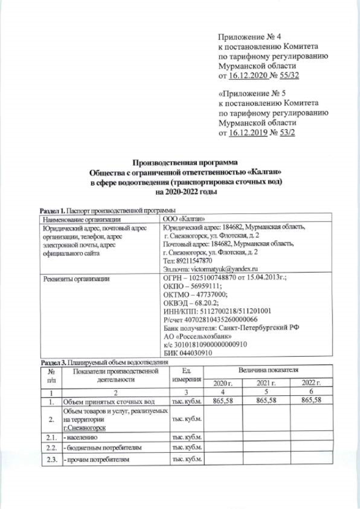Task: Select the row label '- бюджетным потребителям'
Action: point(99,447)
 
